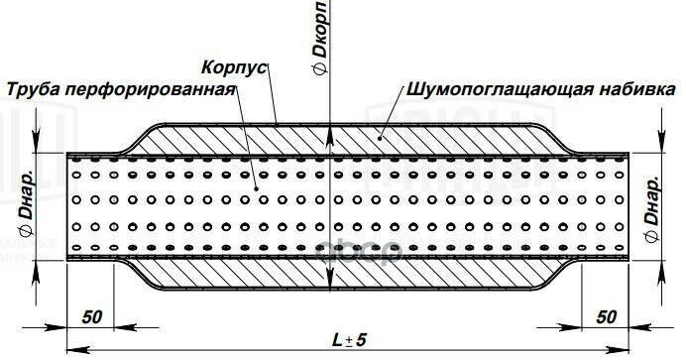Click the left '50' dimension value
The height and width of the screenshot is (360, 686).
tap(92, 316)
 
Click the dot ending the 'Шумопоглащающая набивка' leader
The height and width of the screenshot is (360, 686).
tap(381, 131)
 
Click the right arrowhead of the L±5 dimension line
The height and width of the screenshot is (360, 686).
tap(626, 350)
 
